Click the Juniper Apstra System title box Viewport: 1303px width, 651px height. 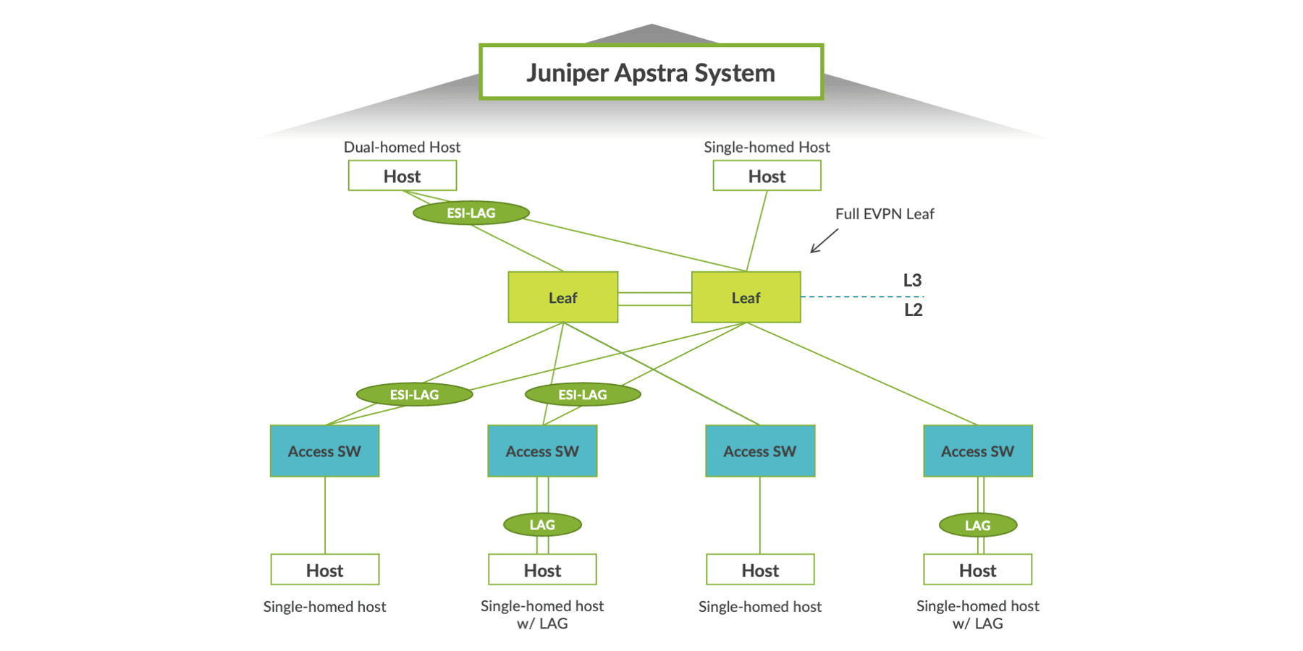tap(651, 72)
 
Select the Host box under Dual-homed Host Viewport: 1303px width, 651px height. tap(402, 176)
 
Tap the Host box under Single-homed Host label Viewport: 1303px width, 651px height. tap(767, 176)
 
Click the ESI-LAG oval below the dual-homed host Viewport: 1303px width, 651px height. tap(471, 213)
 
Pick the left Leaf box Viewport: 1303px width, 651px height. tap(562, 297)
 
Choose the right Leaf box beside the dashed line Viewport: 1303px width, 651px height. tap(746, 297)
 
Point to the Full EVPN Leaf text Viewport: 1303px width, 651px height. tap(884, 214)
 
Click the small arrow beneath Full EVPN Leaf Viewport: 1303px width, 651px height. tap(824, 241)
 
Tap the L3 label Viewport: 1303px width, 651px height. tap(912, 281)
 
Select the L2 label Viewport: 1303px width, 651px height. tap(913, 310)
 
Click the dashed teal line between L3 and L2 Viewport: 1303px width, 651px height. tap(861, 297)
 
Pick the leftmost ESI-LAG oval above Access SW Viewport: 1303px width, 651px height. tap(414, 394)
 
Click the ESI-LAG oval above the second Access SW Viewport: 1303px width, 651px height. tap(583, 394)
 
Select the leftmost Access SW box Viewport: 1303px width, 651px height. tap(324, 451)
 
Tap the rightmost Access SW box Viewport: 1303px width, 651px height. tap(977, 451)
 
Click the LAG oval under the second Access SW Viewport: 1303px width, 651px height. tap(542, 524)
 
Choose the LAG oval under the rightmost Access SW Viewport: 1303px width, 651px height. tap(977, 525)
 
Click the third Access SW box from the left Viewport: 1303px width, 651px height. tap(759, 451)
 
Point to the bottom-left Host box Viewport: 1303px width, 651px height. tap(324, 570)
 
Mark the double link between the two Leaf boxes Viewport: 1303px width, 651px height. tap(654, 299)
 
